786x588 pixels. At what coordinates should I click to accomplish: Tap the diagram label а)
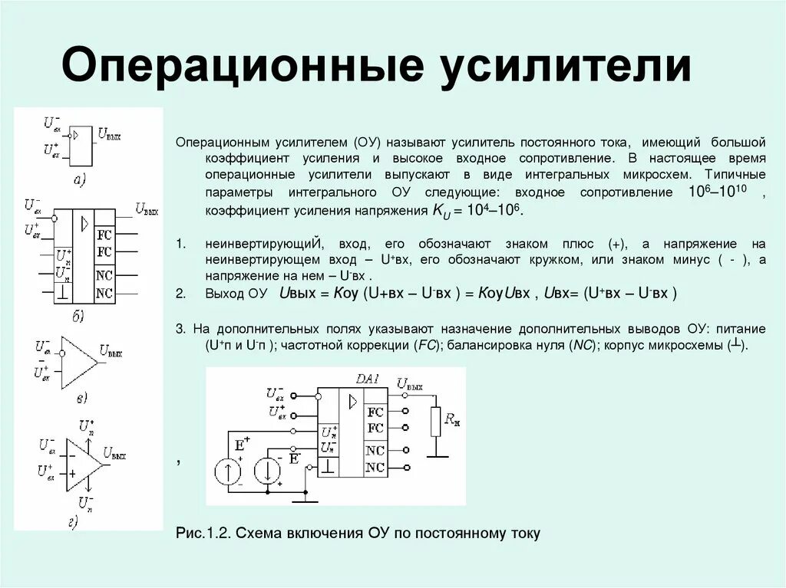click(79, 180)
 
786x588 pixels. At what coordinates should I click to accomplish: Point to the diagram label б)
click(79, 315)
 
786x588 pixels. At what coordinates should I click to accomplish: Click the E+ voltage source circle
click(228, 471)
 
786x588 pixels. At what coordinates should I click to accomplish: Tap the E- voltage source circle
click(268, 471)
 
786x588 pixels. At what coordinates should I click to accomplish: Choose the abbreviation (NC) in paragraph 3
click(581, 346)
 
